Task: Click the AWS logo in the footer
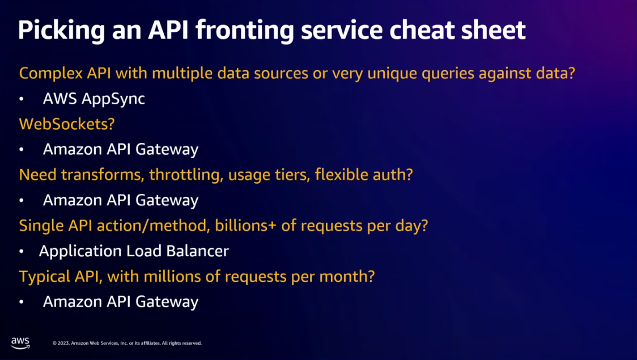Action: [20, 342]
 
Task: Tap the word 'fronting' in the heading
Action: [245, 31]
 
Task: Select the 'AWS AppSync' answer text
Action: [94, 99]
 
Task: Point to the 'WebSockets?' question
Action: [67, 124]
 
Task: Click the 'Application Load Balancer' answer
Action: [134, 251]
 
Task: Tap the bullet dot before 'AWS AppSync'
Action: [22, 99]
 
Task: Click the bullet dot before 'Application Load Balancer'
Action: [22, 252]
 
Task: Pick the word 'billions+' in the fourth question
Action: [245, 226]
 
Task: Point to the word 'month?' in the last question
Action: [347, 276]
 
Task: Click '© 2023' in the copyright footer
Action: [61, 344]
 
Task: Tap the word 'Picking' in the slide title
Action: [61, 31]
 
